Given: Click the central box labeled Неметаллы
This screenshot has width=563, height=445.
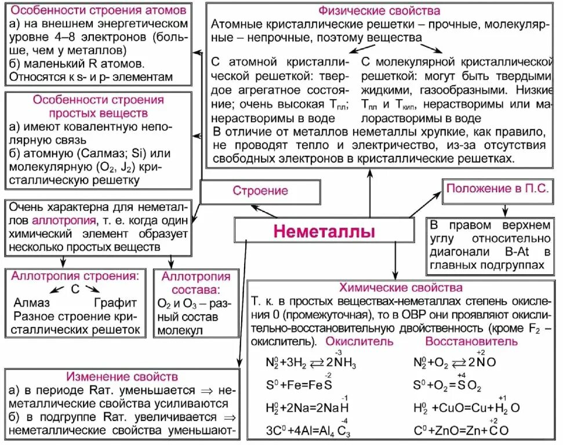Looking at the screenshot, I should [324, 232].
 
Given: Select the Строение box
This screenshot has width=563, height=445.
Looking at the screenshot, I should [260, 191].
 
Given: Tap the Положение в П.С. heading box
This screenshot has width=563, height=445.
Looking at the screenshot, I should [498, 189].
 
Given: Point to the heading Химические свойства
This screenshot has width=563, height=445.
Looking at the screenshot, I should [401, 287].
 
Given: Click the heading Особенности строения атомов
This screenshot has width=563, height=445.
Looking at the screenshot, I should [99, 11].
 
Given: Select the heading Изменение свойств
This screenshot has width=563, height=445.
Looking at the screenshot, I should [122, 377].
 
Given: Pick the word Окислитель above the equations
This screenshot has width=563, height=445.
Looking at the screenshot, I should [359, 341].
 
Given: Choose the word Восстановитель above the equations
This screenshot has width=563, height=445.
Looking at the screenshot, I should [471, 341].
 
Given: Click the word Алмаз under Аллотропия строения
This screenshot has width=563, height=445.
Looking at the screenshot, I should [31, 302].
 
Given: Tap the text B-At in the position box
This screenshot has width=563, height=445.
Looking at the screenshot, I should [513, 253].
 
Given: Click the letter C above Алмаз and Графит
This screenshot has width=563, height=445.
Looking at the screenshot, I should [74, 289].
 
